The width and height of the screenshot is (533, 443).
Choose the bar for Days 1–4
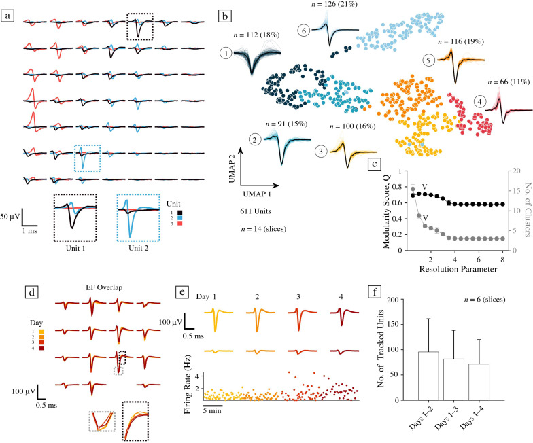click(x=464, y=386)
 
